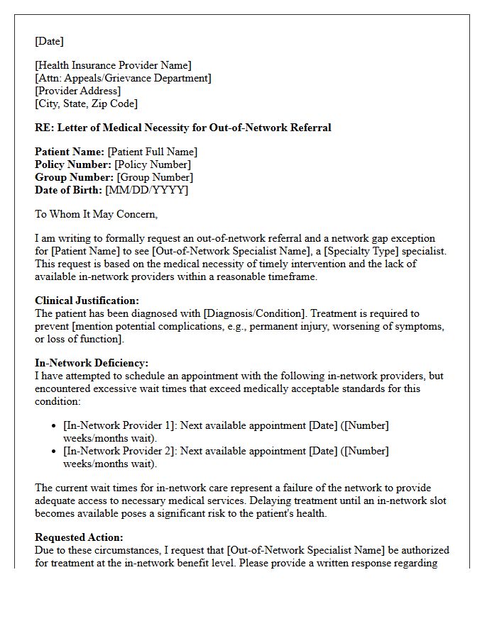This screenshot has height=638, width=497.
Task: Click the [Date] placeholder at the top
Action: [49, 41]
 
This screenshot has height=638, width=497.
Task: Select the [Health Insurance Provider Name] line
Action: [113, 66]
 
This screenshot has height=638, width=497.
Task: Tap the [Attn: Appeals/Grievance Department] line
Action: [123, 79]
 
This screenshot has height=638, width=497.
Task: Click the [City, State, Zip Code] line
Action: [86, 104]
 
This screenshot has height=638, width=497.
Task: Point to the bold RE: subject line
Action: [182, 128]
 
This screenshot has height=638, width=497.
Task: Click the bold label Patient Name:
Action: [70, 152]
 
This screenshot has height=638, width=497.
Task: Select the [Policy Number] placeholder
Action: [153, 164]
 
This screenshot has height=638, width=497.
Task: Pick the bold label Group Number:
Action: [74, 177]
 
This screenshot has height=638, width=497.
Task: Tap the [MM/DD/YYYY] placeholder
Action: [146, 190]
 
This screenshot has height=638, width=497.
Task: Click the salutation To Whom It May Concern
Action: [96, 214]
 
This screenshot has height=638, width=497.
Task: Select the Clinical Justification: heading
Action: [87, 301]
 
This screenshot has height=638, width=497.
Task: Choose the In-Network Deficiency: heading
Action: [92, 363]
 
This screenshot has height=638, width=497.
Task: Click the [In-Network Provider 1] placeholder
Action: [120, 425]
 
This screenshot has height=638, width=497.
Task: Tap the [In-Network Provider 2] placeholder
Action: [120, 451]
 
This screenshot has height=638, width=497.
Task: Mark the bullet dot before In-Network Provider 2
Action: [55, 451]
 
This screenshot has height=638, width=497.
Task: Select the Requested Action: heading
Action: [79, 537]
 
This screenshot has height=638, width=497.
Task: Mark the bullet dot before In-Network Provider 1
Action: [55, 425]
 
